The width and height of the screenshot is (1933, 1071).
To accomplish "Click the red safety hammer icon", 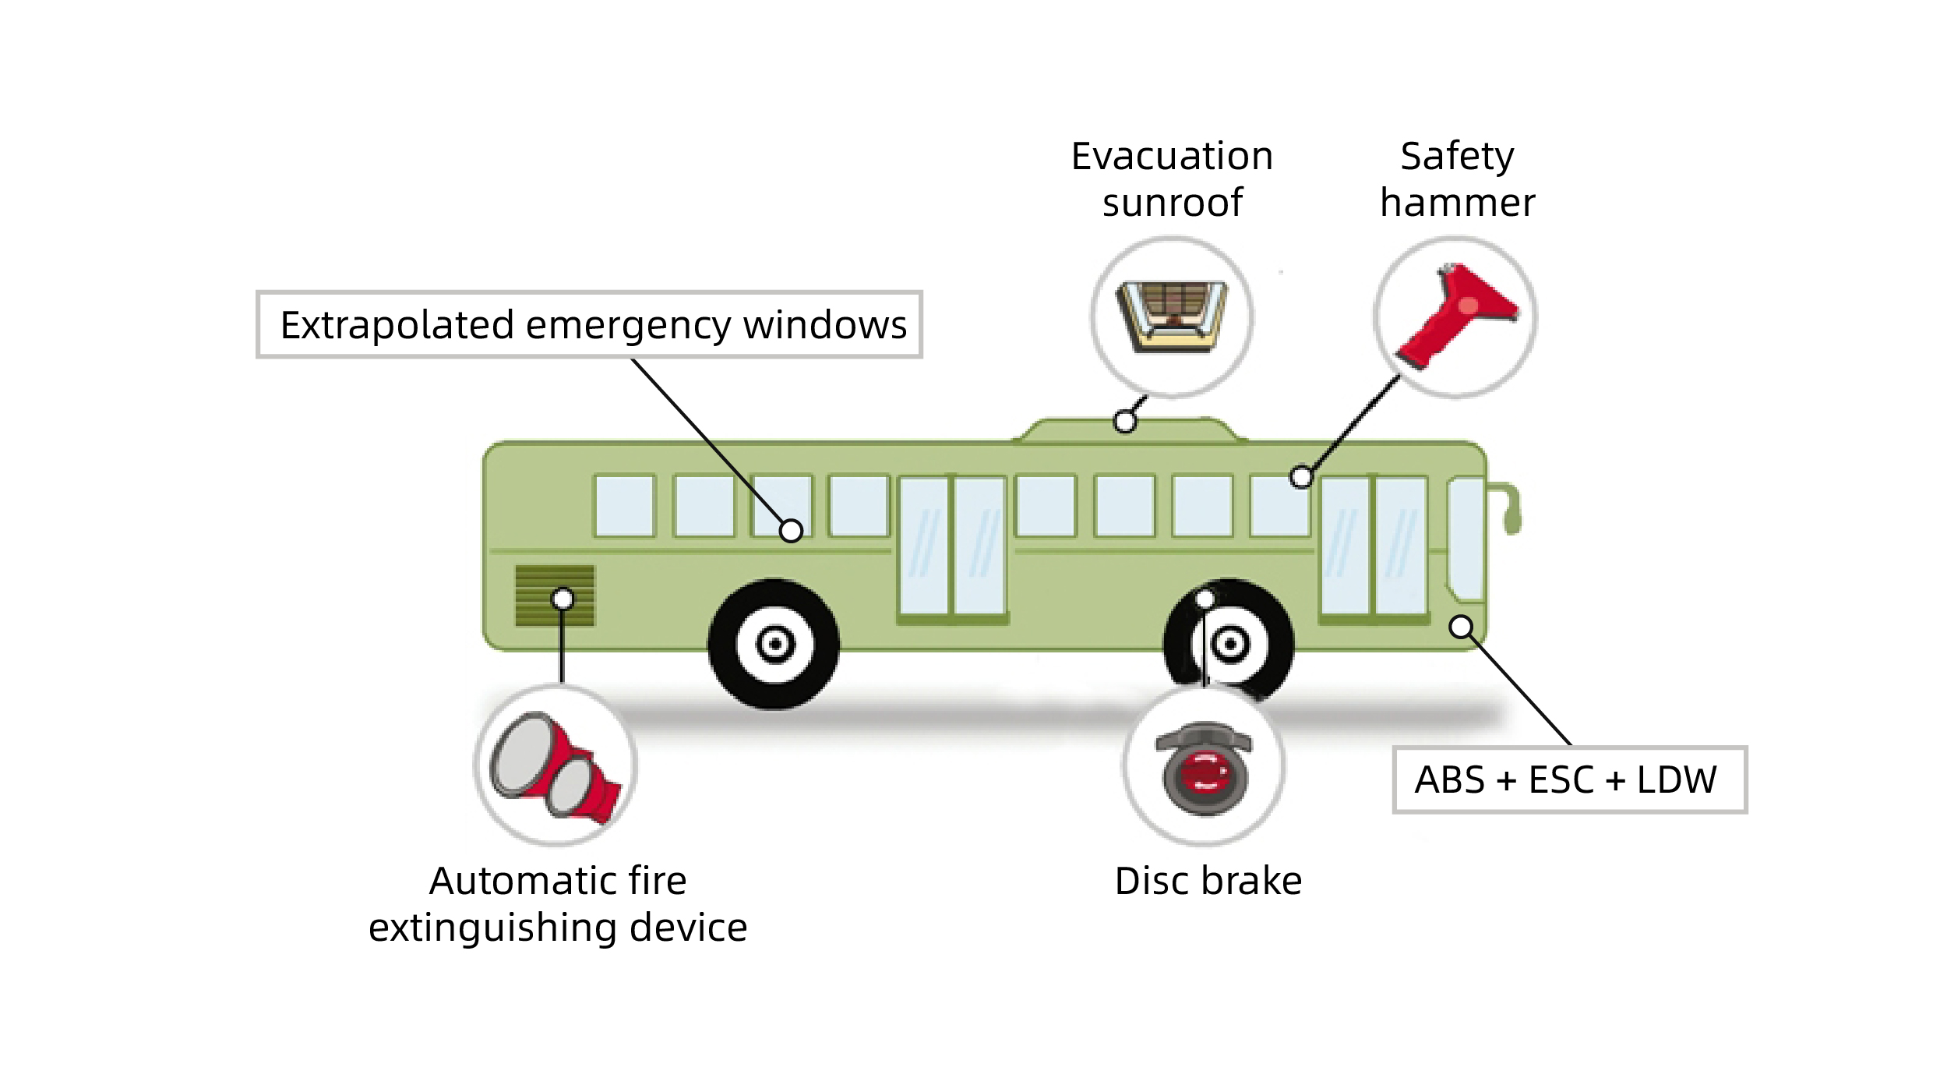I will pos(1455,316).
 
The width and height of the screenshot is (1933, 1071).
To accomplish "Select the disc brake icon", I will pos(1205,768).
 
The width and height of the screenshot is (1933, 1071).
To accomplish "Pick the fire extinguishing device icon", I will pos(556,765).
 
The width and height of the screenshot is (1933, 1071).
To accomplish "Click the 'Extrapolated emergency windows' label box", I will pos(590,324).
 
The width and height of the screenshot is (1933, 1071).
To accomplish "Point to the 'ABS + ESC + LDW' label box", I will pos(1569,779).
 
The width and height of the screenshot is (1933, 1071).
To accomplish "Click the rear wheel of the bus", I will pos(774,644).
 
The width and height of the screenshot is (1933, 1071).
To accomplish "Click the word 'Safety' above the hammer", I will pos(1457,156).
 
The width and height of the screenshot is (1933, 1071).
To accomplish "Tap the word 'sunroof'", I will pos(1172,203).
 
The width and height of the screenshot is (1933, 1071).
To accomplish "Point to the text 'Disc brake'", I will pos(1208,881).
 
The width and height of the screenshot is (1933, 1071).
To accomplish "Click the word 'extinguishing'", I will pos(493,928).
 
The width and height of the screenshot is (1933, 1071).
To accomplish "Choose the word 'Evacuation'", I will pos(1172,156).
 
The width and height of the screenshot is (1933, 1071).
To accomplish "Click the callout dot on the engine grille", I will pos(563,599).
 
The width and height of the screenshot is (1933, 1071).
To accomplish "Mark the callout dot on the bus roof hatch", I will pos(1124,422).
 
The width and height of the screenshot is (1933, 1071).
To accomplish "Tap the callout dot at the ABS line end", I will pos(1461,627).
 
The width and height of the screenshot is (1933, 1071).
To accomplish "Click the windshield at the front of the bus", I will pos(1466,538).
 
